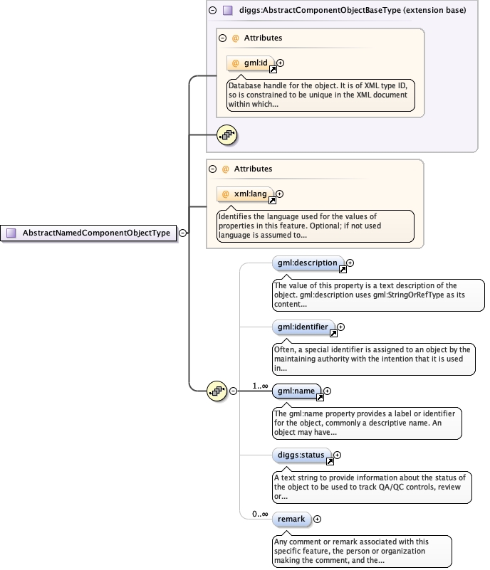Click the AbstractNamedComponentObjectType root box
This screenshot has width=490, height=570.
pos(90,233)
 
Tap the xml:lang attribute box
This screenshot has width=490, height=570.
pos(246,194)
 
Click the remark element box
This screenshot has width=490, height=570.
pos(292,519)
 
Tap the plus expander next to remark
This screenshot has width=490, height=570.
pos(317,519)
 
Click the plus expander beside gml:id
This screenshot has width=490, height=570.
pos(280,63)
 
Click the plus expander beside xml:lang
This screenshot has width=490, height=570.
pos(279,194)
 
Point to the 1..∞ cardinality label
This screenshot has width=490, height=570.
pos(259,386)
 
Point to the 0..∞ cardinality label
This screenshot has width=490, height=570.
pos(259,514)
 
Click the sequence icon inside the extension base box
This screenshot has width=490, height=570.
pos(226,134)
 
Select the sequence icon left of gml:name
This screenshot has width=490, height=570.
pos(217,391)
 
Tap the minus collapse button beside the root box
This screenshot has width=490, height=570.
pos(182,233)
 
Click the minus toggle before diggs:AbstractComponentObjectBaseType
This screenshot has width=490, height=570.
pos(213,11)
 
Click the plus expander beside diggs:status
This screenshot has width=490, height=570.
pos(338,455)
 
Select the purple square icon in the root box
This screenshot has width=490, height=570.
pos(11,233)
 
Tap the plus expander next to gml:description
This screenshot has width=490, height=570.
pos(350,263)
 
